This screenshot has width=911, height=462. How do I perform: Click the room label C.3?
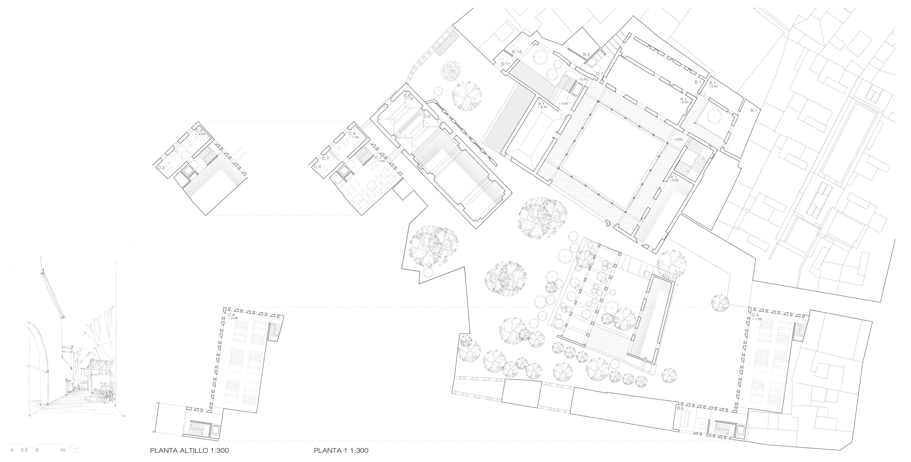coord(199,131)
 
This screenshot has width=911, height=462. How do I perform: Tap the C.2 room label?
coord(161,167)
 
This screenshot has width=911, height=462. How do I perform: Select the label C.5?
coord(352,133)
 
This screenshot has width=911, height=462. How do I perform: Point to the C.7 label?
coord(325,159)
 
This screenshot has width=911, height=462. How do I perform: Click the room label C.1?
coord(378,158)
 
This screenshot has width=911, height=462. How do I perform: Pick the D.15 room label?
coord(517,52)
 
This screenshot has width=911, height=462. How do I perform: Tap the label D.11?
coord(506,64)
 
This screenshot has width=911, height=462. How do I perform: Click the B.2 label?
coord(586,55)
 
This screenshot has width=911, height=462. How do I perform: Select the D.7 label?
coord(600,74)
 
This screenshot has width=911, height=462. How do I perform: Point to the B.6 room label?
coord(680,408)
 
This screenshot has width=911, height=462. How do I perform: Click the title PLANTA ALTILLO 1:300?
coord(189,450)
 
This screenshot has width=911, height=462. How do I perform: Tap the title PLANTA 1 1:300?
coord(341,450)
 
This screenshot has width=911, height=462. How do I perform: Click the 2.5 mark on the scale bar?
coord(24,450)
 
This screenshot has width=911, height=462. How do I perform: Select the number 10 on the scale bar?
coord(63,450)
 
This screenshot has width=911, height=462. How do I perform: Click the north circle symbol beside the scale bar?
coord(74,449)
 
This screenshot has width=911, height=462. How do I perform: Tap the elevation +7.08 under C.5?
coord(354,137)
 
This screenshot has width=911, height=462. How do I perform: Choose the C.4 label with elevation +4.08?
coord(231,315)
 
